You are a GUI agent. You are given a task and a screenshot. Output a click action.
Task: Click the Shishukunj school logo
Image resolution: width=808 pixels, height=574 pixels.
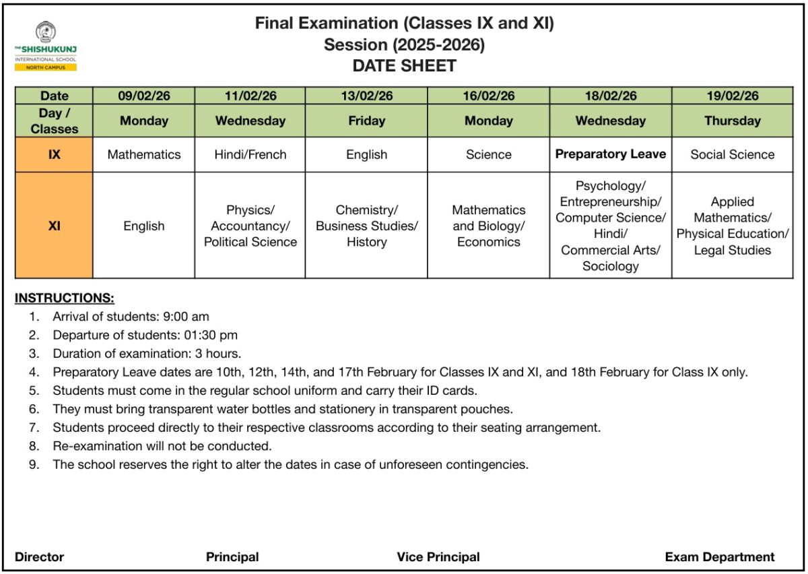point(46,46)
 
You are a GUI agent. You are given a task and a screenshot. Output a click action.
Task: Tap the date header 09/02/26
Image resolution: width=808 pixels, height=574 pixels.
point(144,96)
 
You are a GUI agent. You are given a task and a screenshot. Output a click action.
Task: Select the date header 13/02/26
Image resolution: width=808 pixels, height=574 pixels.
point(366,96)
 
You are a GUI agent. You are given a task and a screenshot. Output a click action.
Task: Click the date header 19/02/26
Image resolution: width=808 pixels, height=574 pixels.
point(732,96)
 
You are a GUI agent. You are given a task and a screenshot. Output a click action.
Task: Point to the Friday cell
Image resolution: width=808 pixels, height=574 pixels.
point(366,121)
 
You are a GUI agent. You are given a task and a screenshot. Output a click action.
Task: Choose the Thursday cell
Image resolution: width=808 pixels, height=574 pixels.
point(732,121)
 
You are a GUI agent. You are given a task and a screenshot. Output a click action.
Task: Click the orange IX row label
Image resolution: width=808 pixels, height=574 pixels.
point(54,154)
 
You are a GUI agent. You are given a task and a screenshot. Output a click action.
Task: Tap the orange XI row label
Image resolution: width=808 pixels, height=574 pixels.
point(54,226)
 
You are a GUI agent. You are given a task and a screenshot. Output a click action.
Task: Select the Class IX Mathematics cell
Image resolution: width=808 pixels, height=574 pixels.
point(144,154)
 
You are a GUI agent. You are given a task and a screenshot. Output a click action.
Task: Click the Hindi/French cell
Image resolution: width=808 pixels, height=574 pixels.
point(250,154)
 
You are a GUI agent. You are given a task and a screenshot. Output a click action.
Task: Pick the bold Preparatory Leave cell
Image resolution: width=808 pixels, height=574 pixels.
point(610,154)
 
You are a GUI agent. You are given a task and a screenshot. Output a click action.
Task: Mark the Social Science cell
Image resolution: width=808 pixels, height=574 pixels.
point(732,154)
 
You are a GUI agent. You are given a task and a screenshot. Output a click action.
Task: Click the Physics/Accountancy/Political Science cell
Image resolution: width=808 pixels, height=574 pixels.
point(250,226)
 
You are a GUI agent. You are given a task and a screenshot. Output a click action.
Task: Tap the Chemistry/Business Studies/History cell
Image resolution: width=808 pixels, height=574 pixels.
point(366,226)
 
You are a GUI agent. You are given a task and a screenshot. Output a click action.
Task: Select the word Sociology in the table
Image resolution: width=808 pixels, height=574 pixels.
point(610,266)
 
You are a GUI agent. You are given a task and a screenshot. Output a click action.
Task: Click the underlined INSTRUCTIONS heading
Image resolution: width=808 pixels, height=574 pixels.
point(65,298)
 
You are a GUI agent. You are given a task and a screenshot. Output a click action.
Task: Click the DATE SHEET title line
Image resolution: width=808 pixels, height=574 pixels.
point(404,66)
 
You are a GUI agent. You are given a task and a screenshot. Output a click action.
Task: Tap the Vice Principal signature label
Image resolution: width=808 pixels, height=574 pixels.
point(438,557)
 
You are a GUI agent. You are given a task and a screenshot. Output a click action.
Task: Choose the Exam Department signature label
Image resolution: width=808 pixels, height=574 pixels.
point(719,557)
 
